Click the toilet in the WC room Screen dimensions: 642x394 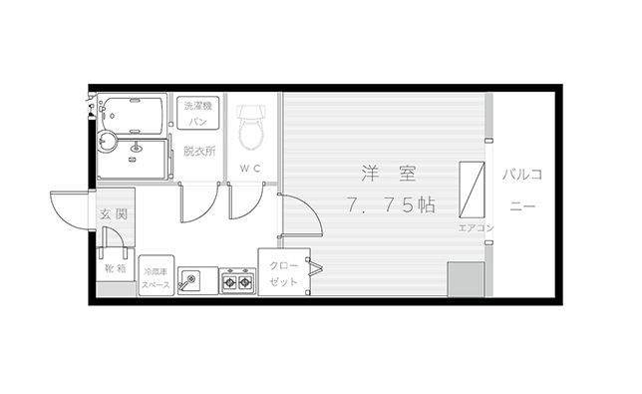250,128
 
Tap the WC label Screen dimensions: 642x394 250,169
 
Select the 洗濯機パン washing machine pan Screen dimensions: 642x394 197,114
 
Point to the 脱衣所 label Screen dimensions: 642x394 199,152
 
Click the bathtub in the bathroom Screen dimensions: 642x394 132,116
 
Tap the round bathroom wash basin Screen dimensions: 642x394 108,142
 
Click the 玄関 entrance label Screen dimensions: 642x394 114,213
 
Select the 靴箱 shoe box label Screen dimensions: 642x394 115,268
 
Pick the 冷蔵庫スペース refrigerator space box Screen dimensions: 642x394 156,275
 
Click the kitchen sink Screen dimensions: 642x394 190,280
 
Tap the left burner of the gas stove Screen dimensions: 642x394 229,281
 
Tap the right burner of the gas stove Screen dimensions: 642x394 245,281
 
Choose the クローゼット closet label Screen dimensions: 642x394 284,273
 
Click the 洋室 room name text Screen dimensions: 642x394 389,174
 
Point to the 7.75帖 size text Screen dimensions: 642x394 391,204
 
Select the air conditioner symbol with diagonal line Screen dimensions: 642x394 472,190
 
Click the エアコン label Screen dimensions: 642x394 476,227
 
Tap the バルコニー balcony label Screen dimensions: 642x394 522,190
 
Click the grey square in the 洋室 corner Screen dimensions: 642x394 466,279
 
